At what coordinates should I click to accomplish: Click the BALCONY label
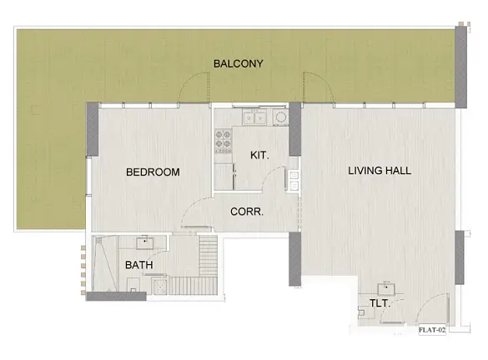tap(239, 63)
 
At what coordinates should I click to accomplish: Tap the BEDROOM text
tap(153, 172)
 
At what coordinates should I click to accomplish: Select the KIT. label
tap(259, 155)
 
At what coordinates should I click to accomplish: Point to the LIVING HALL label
tap(380, 171)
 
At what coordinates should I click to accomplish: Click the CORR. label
tap(247, 212)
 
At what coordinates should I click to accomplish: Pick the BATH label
tap(139, 265)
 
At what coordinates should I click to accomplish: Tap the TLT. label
tap(380, 303)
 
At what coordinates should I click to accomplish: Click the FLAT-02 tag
tap(432, 330)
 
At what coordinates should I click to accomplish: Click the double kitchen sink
tap(254, 117)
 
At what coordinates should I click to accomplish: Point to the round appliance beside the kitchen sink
tap(281, 117)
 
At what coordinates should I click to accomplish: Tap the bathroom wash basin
tap(145, 242)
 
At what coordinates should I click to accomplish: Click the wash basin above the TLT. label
tap(386, 289)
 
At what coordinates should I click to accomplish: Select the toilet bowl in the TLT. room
tap(364, 312)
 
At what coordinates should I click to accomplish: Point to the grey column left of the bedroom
tap(93, 129)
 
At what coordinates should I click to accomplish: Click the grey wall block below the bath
tap(116, 296)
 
